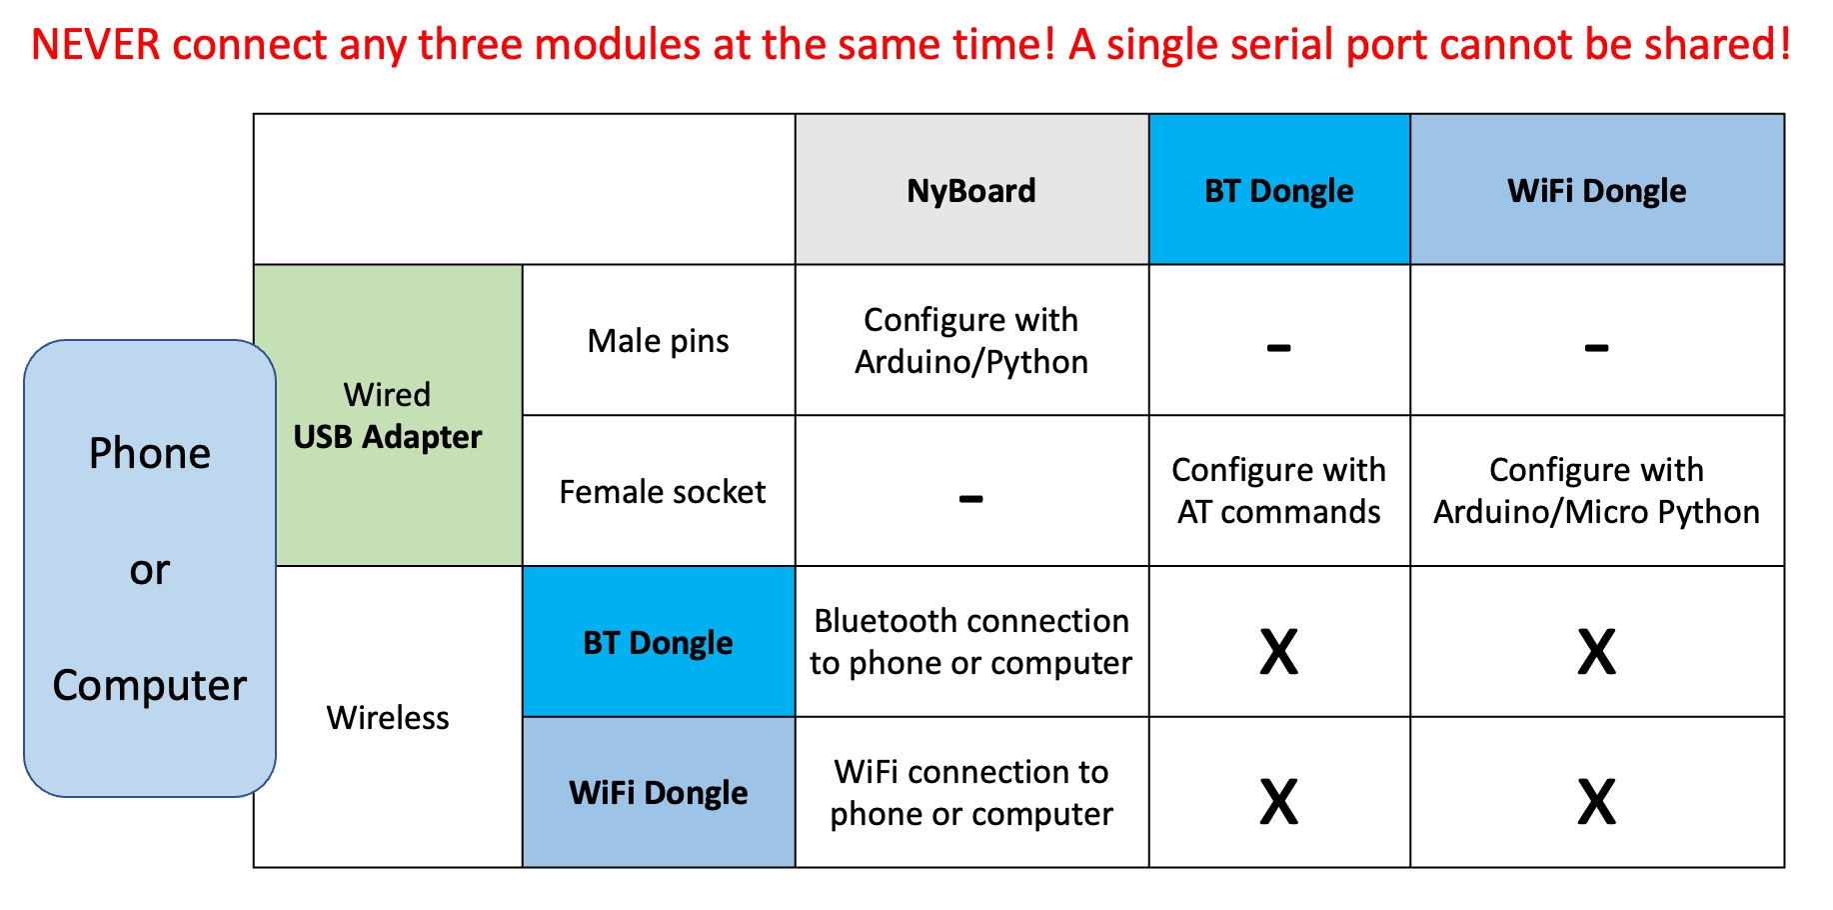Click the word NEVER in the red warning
tap(95, 45)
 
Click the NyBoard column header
tap(971, 190)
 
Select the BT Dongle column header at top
tap(1279, 190)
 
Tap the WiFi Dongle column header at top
tap(1597, 190)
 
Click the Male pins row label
tap(659, 341)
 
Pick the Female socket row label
tap(663, 492)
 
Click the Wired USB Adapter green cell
tap(389, 415)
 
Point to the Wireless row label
tap(388, 717)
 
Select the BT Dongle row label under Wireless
tap(659, 642)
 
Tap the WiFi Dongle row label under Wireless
tap(659, 792)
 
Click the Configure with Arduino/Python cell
tap(971, 341)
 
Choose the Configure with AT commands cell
tap(1279, 491)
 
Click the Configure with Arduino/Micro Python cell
tap(1597, 491)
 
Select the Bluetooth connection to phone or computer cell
tap(971, 642)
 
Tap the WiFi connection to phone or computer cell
tap(971, 792)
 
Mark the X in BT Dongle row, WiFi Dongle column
tap(1597, 652)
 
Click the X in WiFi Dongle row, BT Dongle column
tap(1279, 802)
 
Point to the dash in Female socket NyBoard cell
tap(971, 498)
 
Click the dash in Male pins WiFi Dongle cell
tap(1597, 348)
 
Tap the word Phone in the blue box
tap(150, 453)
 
